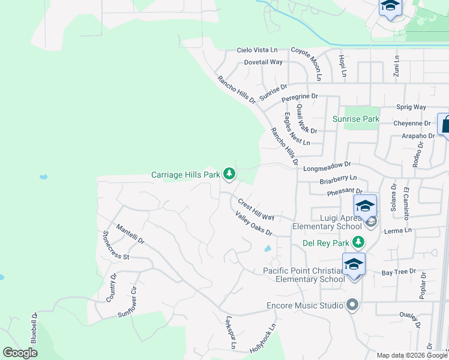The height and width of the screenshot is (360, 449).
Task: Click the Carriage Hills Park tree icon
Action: pyautogui.click(x=229, y=174)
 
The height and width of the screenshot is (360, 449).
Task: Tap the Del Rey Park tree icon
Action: pyautogui.click(x=358, y=242)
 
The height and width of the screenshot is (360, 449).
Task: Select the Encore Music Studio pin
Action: pyautogui.click(x=352, y=305)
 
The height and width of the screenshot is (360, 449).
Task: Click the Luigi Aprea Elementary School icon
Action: pyautogui.click(x=365, y=207)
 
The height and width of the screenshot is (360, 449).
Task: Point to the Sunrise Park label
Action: pyautogui.click(x=357, y=119)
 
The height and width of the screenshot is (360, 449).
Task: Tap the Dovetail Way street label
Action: pyautogui.click(x=263, y=62)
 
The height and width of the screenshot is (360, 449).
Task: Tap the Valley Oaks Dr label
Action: pyautogui.click(x=254, y=224)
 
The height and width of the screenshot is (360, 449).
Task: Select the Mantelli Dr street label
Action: pyautogui.click(x=131, y=234)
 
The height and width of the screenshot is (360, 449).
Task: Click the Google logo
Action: pyautogui.click(x=20, y=353)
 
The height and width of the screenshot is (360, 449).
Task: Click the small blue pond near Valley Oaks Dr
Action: pyautogui.click(x=267, y=248)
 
